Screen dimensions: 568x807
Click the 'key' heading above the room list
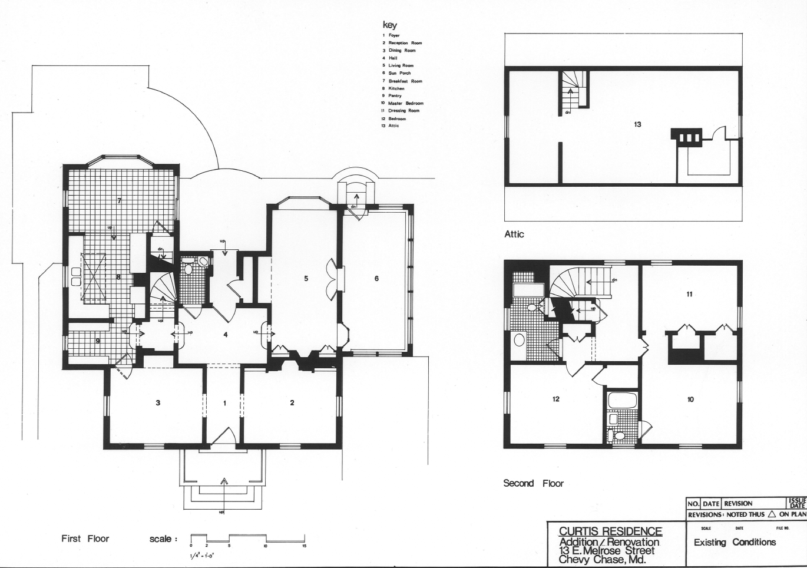(x=390, y=25)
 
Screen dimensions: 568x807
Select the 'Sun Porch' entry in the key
(x=399, y=73)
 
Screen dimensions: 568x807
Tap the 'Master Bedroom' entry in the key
(x=405, y=103)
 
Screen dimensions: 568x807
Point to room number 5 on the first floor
(x=306, y=279)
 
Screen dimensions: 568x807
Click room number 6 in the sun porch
(x=376, y=279)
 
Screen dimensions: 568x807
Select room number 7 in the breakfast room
(x=119, y=201)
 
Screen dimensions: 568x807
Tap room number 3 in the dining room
(x=158, y=403)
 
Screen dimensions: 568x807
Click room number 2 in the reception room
(x=292, y=403)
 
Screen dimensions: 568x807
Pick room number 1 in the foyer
(x=224, y=403)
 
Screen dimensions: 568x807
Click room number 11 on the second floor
(x=689, y=294)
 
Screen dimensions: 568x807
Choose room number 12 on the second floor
(x=555, y=399)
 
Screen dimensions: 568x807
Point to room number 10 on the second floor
(x=690, y=399)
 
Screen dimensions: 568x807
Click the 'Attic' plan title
(x=514, y=234)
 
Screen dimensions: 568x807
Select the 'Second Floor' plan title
(x=533, y=483)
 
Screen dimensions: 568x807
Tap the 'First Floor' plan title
(x=85, y=539)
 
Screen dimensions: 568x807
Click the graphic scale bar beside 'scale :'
(x=247, y=539)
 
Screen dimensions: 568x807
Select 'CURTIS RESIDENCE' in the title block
(x=610, y=531)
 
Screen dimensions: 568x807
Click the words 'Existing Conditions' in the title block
(x=735, y=542)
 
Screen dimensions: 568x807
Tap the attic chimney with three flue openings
(x=687, y=137)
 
